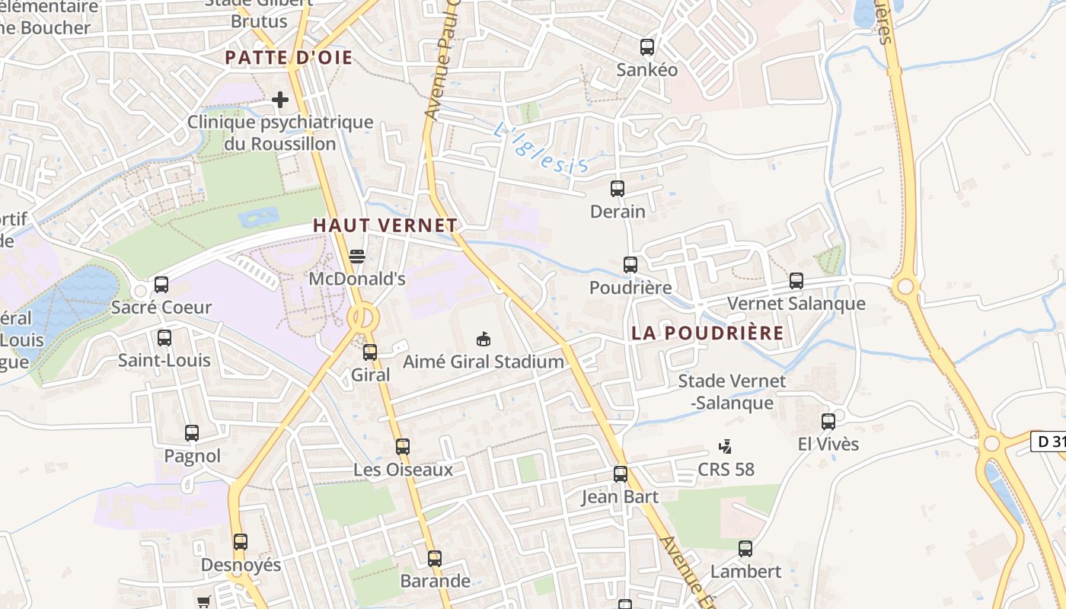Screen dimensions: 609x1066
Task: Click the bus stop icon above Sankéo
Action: coord(647,47)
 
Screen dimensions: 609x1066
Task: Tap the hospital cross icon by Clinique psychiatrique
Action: coord(280,100)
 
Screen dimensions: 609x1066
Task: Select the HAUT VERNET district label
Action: coord(385,225)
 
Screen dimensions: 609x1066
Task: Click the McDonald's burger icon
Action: coord(356,257)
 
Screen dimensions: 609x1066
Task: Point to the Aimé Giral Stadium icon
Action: coord(483,339)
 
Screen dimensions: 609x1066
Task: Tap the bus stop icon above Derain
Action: coord(618,188)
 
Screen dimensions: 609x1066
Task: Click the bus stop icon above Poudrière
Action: coord(630,265)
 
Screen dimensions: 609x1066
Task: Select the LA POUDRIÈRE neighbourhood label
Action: coord(707,333)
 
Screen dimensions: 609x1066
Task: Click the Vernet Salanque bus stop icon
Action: coord(796,281)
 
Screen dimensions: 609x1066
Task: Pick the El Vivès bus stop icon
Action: coord(828,421)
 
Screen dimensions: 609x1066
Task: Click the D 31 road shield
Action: coord(1049,442)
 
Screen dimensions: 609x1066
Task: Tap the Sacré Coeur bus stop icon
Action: coord(161,285)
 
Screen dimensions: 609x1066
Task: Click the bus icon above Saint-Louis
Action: coord(164,337)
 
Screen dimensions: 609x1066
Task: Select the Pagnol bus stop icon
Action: coord(192,433)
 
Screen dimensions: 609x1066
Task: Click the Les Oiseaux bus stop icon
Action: coord(403,447)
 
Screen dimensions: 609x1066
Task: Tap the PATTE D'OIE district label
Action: coord(289,58)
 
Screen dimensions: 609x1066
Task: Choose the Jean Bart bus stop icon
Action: coord(621,474)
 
